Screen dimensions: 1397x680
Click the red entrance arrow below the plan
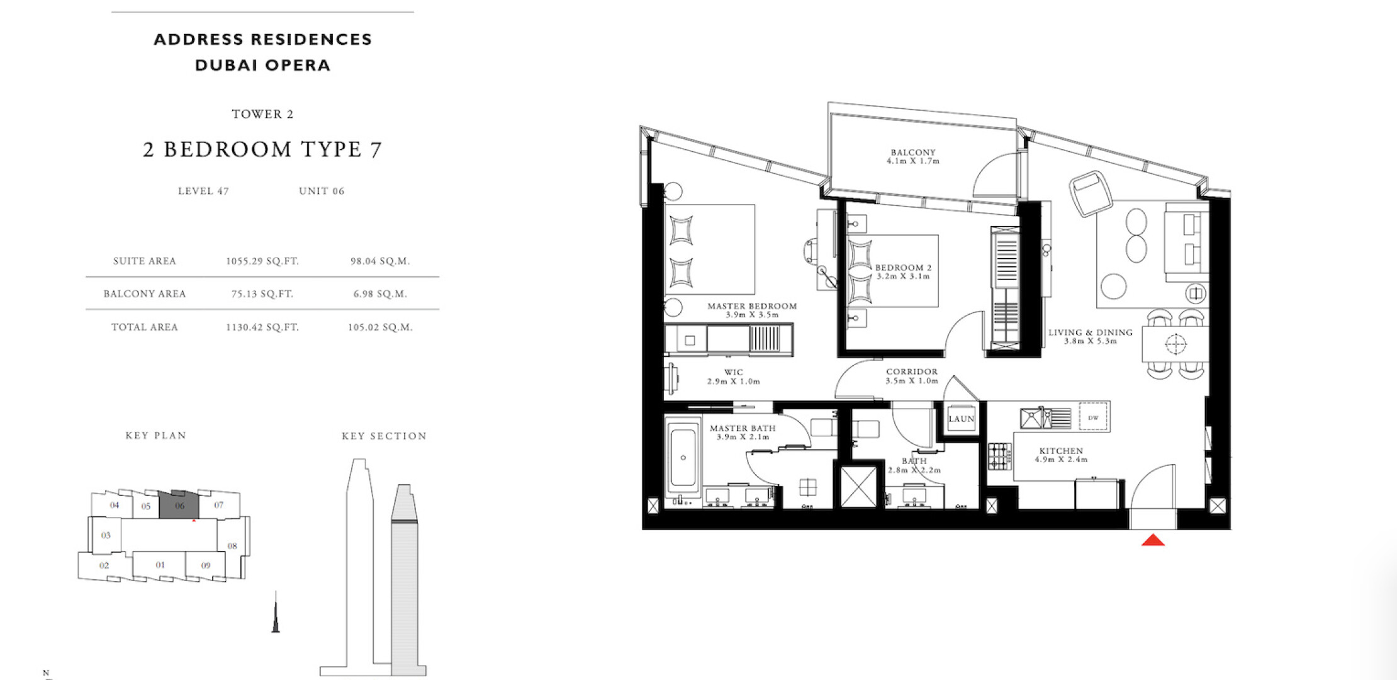click(1153, 540)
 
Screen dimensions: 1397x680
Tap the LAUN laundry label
click(961, 419)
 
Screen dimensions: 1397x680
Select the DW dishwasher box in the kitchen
click(1093, 417)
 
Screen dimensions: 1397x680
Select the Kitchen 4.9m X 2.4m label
click(1061, 455)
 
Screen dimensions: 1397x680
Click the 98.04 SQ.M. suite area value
click(380, 261)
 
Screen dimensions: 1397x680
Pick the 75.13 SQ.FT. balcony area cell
click(262, 294)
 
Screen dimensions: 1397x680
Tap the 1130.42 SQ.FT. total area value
click(262, 327)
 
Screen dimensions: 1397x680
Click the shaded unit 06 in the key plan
click(179, 505)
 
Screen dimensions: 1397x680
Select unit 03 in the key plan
click(106, 535)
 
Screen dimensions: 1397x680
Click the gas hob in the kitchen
click(999, 456)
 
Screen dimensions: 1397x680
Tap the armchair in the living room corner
click(1091, 193)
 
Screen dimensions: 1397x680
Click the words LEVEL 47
click(203, 191)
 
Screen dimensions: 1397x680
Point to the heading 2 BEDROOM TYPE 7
click(262, 149)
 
